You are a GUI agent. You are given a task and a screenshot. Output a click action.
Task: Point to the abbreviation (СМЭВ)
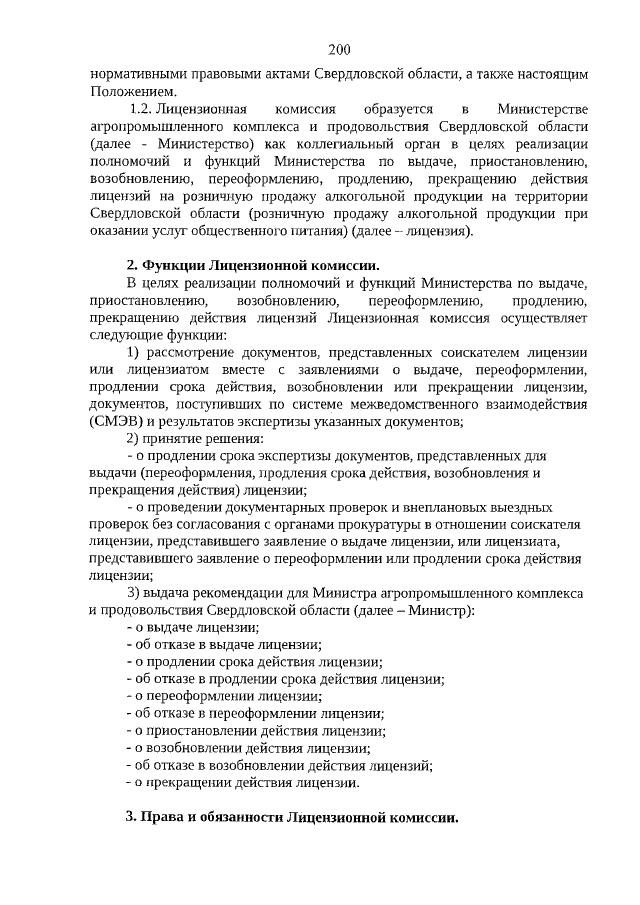pos(112,422)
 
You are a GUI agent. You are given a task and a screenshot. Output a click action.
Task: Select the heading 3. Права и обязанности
pos(291,817)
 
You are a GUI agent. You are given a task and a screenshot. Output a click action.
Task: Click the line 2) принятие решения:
pos(189,439)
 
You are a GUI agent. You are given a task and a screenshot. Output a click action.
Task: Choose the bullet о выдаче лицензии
pos(192,627)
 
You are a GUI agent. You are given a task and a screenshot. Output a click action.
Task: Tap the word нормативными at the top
pos(134,75)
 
